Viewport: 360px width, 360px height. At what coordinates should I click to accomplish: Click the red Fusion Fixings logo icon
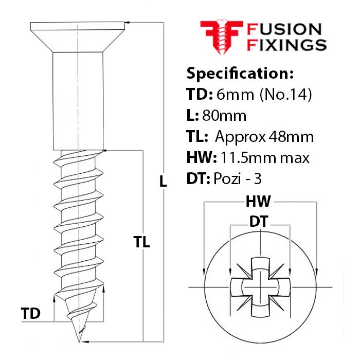pyautogui.click(x=222, y=37)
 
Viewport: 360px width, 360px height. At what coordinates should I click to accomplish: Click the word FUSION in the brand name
pyautogui.click(x=284, y=29)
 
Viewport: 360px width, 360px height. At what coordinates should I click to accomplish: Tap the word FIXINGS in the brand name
pyautogui.click(x=287, y=45)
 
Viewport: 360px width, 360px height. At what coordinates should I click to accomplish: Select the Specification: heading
pyautogui.click(x=240, y=74)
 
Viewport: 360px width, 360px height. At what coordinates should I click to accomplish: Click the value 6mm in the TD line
pyautogui.click(x=235, y=94)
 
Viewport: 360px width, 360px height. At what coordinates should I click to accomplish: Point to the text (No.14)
pyautogui.click(x=285, y=94)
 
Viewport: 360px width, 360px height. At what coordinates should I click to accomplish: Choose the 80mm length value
pyautogui.click(x=224, y=116)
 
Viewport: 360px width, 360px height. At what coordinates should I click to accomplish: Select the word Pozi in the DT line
pyautogui.click(x=227, y=178)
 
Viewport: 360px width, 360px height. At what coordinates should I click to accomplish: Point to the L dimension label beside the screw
pyautogui.click(x=163, y=182)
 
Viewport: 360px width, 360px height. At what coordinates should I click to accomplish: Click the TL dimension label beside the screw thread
pyautogui.click(x=141, y=242)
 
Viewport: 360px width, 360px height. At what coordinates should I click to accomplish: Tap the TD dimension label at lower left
pyautogui.click(x=30, y=313)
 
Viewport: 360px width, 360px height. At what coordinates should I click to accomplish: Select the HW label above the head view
pyautogui.click(x=258, y=202)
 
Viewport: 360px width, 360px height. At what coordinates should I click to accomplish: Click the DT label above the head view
pyautogui.click(x=259, y=221)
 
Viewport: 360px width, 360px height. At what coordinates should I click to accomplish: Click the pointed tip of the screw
pyautogui.click(x=79, y=342)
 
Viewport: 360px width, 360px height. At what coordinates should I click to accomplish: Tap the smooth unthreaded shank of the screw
pyautogui.click(x=78, y=101)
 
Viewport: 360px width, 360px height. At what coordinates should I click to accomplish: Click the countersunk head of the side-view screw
pyautogui.click(x=78, y=37)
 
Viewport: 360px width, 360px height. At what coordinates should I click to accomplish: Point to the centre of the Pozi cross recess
pyautogui.click(x=260, y=287)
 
